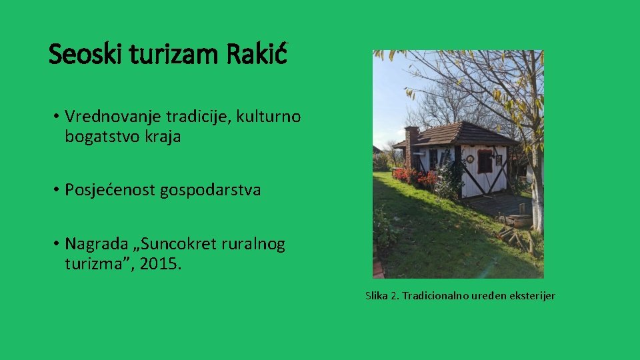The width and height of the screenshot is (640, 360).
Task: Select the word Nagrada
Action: click(93, 244)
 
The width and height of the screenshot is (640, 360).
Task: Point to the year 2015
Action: click(163, 265)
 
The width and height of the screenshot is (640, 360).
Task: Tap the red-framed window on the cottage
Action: click(485, 162)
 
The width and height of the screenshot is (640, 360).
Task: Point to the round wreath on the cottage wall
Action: click(470, 159)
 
